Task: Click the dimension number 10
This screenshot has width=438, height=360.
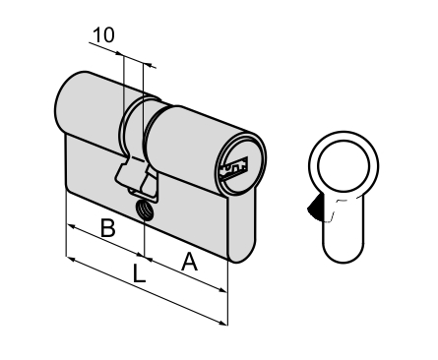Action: click(103, 35)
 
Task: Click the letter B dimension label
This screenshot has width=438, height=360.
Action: click(108, 228)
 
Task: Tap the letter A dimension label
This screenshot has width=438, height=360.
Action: click(190, 262)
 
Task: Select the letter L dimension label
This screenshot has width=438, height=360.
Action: click(139, 273)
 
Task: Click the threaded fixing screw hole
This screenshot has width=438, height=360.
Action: click(145, 210)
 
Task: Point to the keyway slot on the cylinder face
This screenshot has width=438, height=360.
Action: click(234, 169)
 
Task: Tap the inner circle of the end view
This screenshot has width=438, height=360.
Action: click(344, 166)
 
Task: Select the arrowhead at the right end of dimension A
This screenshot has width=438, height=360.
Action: click(222, 289)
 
